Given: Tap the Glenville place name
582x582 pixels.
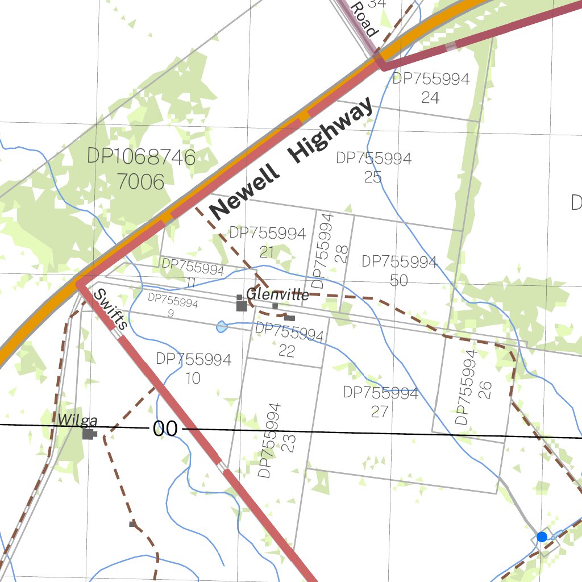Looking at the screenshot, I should [x=277, y=294].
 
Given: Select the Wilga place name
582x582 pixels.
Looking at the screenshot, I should [x=78, y=421].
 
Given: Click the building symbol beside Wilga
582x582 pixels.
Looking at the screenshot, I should [x=88, y=434].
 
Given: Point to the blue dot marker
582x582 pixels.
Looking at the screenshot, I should [x=542, y=537].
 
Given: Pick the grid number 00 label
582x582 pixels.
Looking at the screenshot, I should [x=165, y=429].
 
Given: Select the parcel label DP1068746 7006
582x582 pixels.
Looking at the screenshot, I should [x=141, y=169].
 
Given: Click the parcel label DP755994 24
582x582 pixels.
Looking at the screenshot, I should [x=431, y=88].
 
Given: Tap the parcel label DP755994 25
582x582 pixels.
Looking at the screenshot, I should [x=373, y=167].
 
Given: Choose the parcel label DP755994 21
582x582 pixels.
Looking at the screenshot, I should [x=267, y=242].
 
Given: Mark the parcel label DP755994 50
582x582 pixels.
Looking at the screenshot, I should [x=399, y=271].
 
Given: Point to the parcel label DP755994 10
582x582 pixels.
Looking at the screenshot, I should [x=193, y=368].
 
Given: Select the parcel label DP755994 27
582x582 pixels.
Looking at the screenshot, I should [x=380, y=402].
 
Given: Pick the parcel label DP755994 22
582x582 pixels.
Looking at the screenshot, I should [x=289, y=340].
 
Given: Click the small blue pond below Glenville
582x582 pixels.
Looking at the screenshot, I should [x=222, y=326].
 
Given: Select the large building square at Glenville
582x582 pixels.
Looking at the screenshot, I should [x=242, y=306].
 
